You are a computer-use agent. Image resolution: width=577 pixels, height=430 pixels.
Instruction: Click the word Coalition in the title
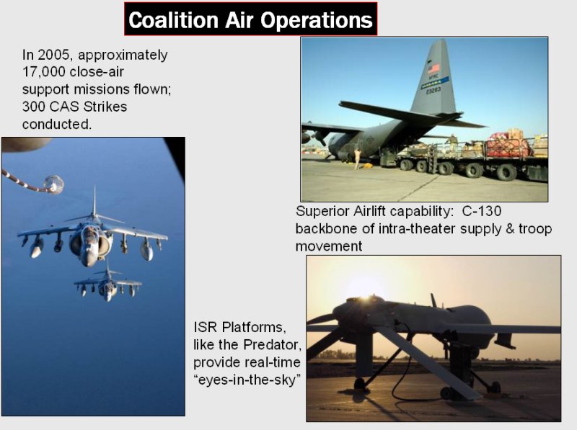coord(173,20)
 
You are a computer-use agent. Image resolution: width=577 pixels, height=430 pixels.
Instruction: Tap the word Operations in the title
coord(317,21)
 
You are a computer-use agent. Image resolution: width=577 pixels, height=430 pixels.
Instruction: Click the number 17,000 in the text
coord(43,72)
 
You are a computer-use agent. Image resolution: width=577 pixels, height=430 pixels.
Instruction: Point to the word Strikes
coord(105,107)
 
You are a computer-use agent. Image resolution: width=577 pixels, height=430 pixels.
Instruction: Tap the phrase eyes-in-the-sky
coord(247,380)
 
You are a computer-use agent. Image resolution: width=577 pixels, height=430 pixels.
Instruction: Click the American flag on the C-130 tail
coord(433,68)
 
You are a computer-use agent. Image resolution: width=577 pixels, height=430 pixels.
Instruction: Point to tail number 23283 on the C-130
coord(433,90)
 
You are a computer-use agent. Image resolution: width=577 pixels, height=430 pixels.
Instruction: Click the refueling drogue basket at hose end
coord(53,184)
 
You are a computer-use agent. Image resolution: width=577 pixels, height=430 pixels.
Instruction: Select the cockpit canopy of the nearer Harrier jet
coord(89,233)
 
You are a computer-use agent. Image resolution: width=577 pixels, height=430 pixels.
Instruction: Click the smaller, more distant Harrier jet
coord(107,284)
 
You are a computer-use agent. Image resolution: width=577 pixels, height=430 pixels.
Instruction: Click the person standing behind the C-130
coord(356,158)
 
